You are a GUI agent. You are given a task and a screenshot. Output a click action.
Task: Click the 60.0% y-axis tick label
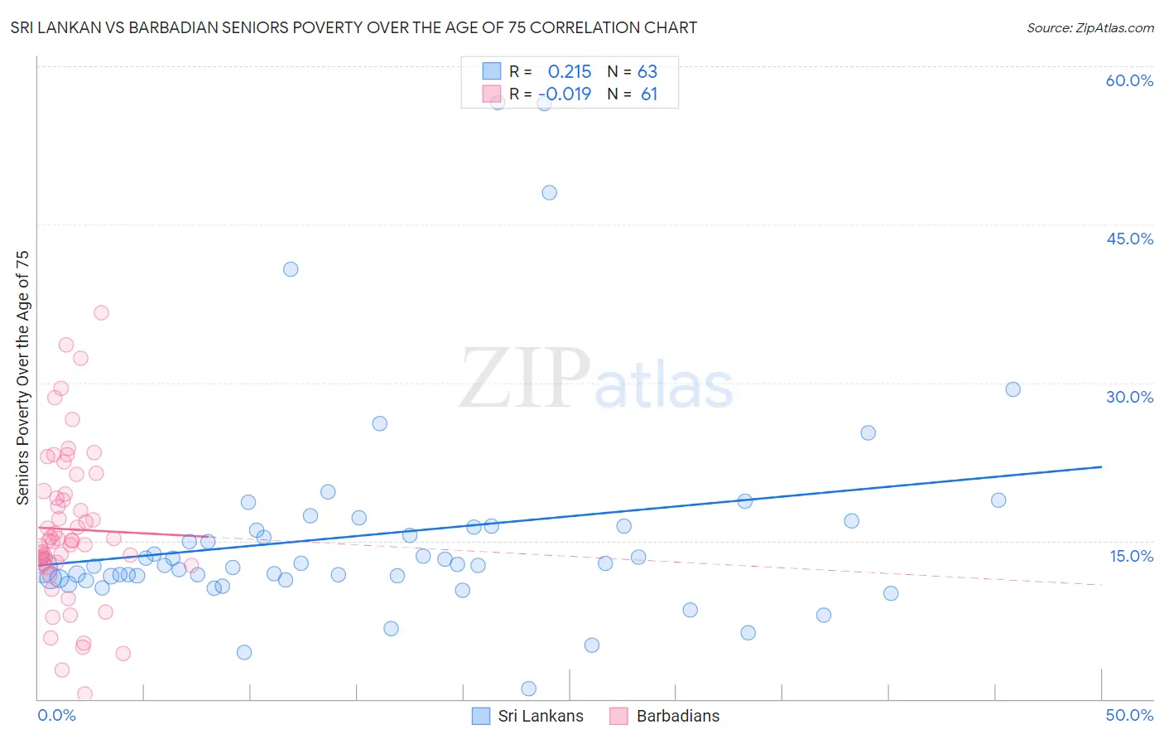1128,80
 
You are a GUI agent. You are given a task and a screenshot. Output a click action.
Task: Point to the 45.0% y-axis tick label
1129,239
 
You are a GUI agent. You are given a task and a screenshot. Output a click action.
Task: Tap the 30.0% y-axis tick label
1129,397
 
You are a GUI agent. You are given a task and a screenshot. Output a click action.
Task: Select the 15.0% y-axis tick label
1131,556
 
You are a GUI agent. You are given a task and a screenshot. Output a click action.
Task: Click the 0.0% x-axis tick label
56,715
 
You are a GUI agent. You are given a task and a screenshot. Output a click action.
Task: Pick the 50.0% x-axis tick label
1128,715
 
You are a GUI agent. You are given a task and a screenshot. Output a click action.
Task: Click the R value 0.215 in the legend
570,71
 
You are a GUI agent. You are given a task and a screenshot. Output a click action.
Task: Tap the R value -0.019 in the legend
565,94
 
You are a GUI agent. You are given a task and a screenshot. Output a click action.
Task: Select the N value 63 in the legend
647,71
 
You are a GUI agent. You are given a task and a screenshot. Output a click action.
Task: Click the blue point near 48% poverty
549,192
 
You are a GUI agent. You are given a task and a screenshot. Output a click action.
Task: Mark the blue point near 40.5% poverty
291,269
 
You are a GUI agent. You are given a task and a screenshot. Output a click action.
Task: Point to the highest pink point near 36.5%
101,312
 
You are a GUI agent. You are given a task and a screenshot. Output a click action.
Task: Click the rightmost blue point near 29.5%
1012,389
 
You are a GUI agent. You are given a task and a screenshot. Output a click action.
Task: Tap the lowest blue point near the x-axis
528,688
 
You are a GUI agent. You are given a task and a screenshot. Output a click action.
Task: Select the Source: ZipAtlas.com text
1089,27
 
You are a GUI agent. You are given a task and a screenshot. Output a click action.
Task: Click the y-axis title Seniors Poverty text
22,377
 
